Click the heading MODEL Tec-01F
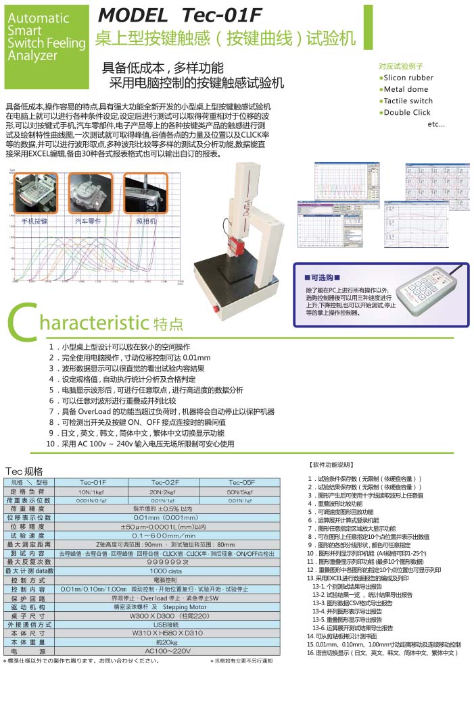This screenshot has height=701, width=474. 179,16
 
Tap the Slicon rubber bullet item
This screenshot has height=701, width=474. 409,78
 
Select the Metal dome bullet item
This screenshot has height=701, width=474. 406,89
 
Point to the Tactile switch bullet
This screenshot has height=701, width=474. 408,101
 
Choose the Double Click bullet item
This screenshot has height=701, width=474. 407,112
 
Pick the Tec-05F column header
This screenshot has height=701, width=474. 241,482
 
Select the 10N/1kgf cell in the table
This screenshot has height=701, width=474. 93,492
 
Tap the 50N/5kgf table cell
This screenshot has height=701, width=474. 241,492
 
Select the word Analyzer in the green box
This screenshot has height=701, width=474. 32,56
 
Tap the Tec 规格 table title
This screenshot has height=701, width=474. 24,471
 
